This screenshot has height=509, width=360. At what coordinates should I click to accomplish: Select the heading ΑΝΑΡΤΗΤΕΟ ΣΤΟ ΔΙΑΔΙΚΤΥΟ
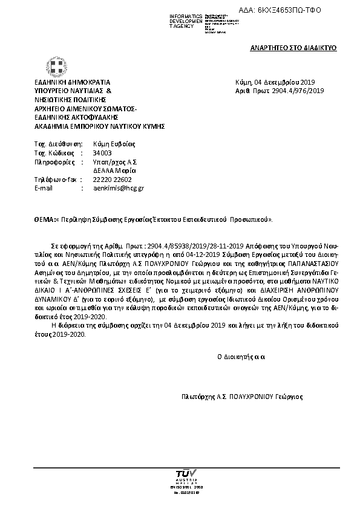[293, 47]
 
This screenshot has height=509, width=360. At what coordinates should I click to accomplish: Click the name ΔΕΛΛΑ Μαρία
[110, 171]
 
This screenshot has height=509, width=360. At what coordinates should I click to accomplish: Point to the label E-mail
[44, 188]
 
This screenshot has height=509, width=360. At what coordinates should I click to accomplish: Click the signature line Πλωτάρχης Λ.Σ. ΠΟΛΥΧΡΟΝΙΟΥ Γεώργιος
[242, 397]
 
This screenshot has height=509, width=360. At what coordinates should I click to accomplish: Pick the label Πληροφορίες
[54, 163]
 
